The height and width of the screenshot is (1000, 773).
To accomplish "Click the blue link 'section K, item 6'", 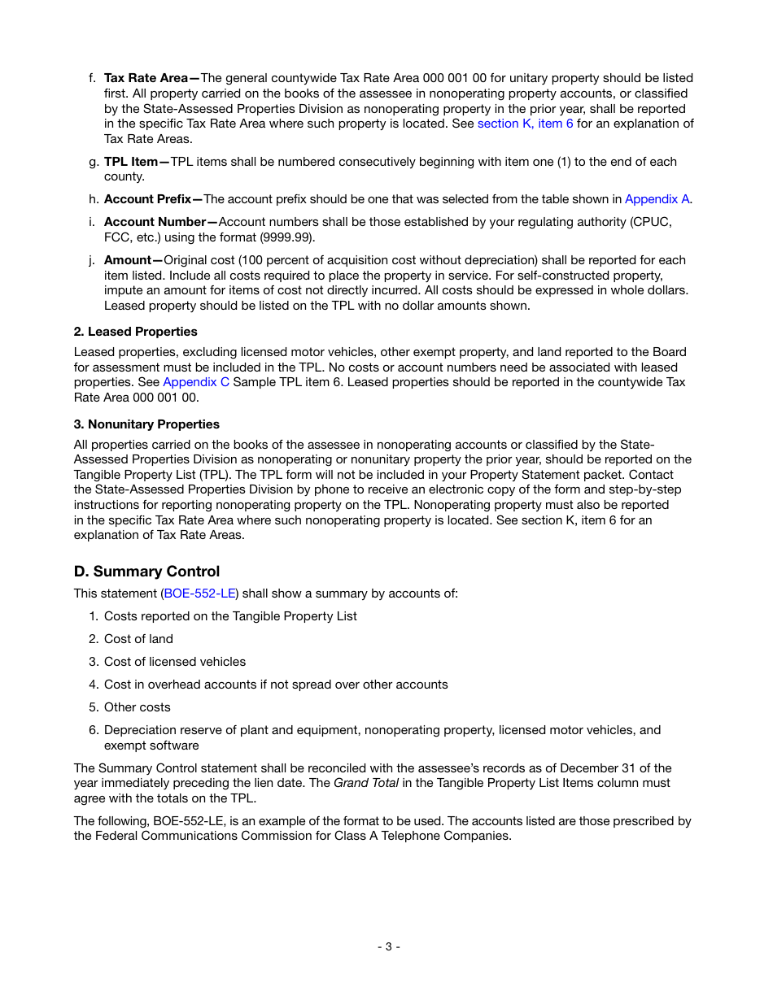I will pyautogui.click(x=525, y=124).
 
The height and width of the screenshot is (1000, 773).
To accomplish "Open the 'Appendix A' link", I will pyautogui.click(x=657, y=199).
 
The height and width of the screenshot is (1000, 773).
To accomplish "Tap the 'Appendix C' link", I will pyautogui.click(x=196, y=382).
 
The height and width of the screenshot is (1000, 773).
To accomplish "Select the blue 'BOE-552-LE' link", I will pyautogui.click(x=200, y=593).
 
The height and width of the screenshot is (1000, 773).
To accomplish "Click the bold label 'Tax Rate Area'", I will pyautogui.click(x=146, y=78).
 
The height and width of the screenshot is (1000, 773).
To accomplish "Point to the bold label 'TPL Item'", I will pyautogui.click(x=132, y=162).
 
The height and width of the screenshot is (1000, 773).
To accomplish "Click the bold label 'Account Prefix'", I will pyautogui.click(x=149, y=199).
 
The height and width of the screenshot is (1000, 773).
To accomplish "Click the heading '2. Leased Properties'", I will pyautogui.click(x=135, y=332).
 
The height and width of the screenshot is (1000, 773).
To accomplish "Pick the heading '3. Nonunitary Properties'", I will pyautogui.click(x=146, y=424).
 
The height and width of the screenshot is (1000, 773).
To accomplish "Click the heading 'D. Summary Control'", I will pyautogui.click(x=146, y=572).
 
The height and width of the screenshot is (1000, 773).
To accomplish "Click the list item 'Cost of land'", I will pyautogui.click(x=138, y=639).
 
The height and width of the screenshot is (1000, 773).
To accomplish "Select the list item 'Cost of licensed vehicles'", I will pyautogui.click(x=174, y=662).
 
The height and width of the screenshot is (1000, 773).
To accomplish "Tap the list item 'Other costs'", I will pyautogui.click(x=137, y=707).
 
